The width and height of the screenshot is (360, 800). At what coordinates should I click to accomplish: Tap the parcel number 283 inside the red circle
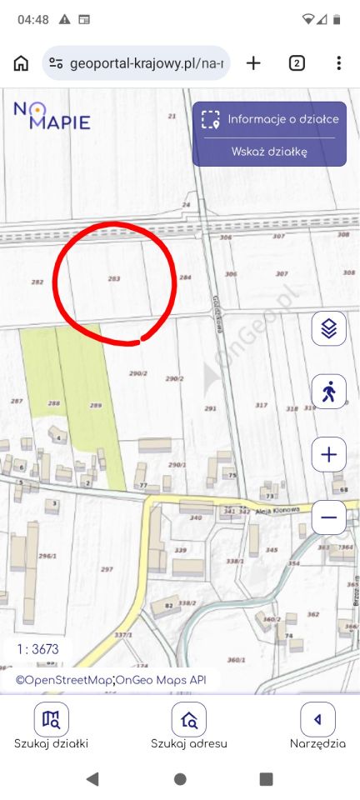tap(113, 278)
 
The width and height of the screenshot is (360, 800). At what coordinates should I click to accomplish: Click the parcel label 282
tap(37, 282)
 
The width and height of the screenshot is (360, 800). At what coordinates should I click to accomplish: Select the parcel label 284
tap(185, 277)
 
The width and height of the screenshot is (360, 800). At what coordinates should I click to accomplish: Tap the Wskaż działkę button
tap(269, 152)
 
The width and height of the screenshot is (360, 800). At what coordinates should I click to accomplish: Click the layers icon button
tap(328, 329)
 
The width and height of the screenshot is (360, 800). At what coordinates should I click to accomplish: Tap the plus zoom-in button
tap(328, 455)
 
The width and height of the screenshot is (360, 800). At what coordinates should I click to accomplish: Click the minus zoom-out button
tap(328, 517)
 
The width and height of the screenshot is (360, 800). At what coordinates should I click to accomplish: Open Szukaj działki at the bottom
tap(51, 726)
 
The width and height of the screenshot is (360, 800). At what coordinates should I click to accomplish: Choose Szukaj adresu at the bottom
tap(188, 726)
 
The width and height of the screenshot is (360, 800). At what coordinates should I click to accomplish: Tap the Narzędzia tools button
tap(317, 726)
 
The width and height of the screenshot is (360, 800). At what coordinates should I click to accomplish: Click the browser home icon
tap(22, 63)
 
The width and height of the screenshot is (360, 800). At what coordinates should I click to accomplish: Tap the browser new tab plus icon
tap(253, 63)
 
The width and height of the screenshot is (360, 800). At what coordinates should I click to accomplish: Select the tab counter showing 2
tap(296, 63)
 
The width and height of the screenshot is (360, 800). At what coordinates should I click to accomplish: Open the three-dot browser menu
tap(338, 63)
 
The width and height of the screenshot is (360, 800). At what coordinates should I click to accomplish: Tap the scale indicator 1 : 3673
tap(37, 649)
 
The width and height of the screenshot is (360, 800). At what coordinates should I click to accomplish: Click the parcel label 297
tap(106, 569)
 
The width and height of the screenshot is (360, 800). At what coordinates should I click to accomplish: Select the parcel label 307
tap(282, 273)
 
